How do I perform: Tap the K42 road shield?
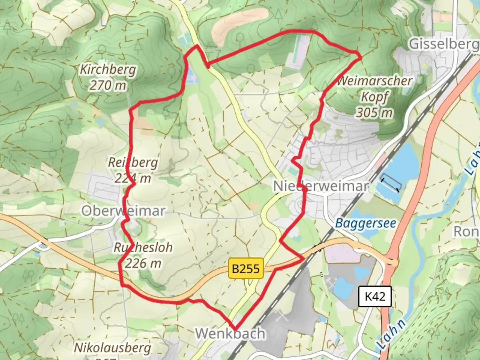[375, 296]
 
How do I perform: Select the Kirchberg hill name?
[108, 70]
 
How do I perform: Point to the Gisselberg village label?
[443, 44]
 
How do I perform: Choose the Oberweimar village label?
[123, 211]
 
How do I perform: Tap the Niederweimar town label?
[321, 186]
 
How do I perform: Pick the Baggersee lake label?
[365, 223]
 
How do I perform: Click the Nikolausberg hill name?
[112, 348]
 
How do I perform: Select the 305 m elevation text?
[374, 113]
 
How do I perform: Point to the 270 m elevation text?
[108, 85]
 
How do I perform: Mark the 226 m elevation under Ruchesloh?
[143, 263]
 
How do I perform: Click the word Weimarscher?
[375, 81]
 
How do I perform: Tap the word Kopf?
[375, 97]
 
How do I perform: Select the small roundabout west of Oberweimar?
[43, 247]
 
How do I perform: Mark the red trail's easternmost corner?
[361, 58]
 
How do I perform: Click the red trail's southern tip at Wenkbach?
[235, 328]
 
